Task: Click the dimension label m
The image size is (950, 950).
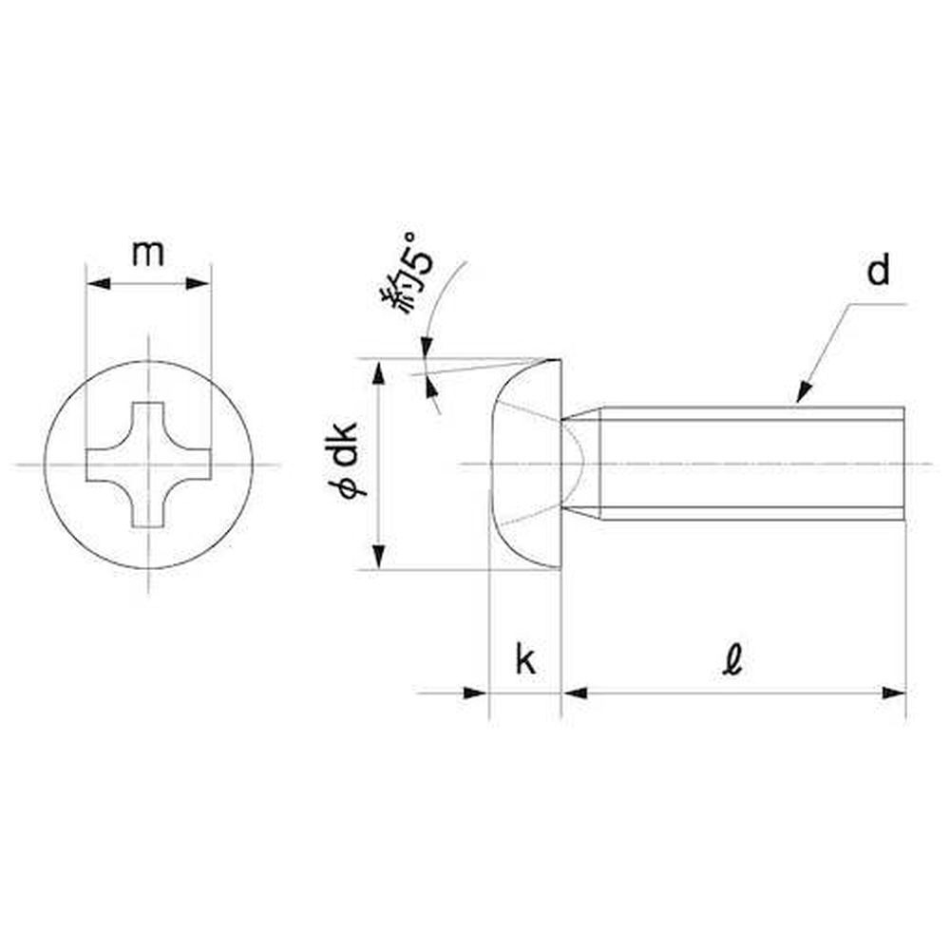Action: (148, 254)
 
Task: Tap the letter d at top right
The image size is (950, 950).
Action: (879, 271)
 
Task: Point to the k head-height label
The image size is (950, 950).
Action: (525, 660)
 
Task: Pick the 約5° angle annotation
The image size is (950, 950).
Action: (407, 274)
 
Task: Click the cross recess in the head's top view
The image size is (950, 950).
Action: (148, 465)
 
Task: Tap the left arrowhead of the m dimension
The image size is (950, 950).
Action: (99, 283)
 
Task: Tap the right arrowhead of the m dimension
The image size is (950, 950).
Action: (199, 283)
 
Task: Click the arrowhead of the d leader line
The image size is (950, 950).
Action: (804, 392)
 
